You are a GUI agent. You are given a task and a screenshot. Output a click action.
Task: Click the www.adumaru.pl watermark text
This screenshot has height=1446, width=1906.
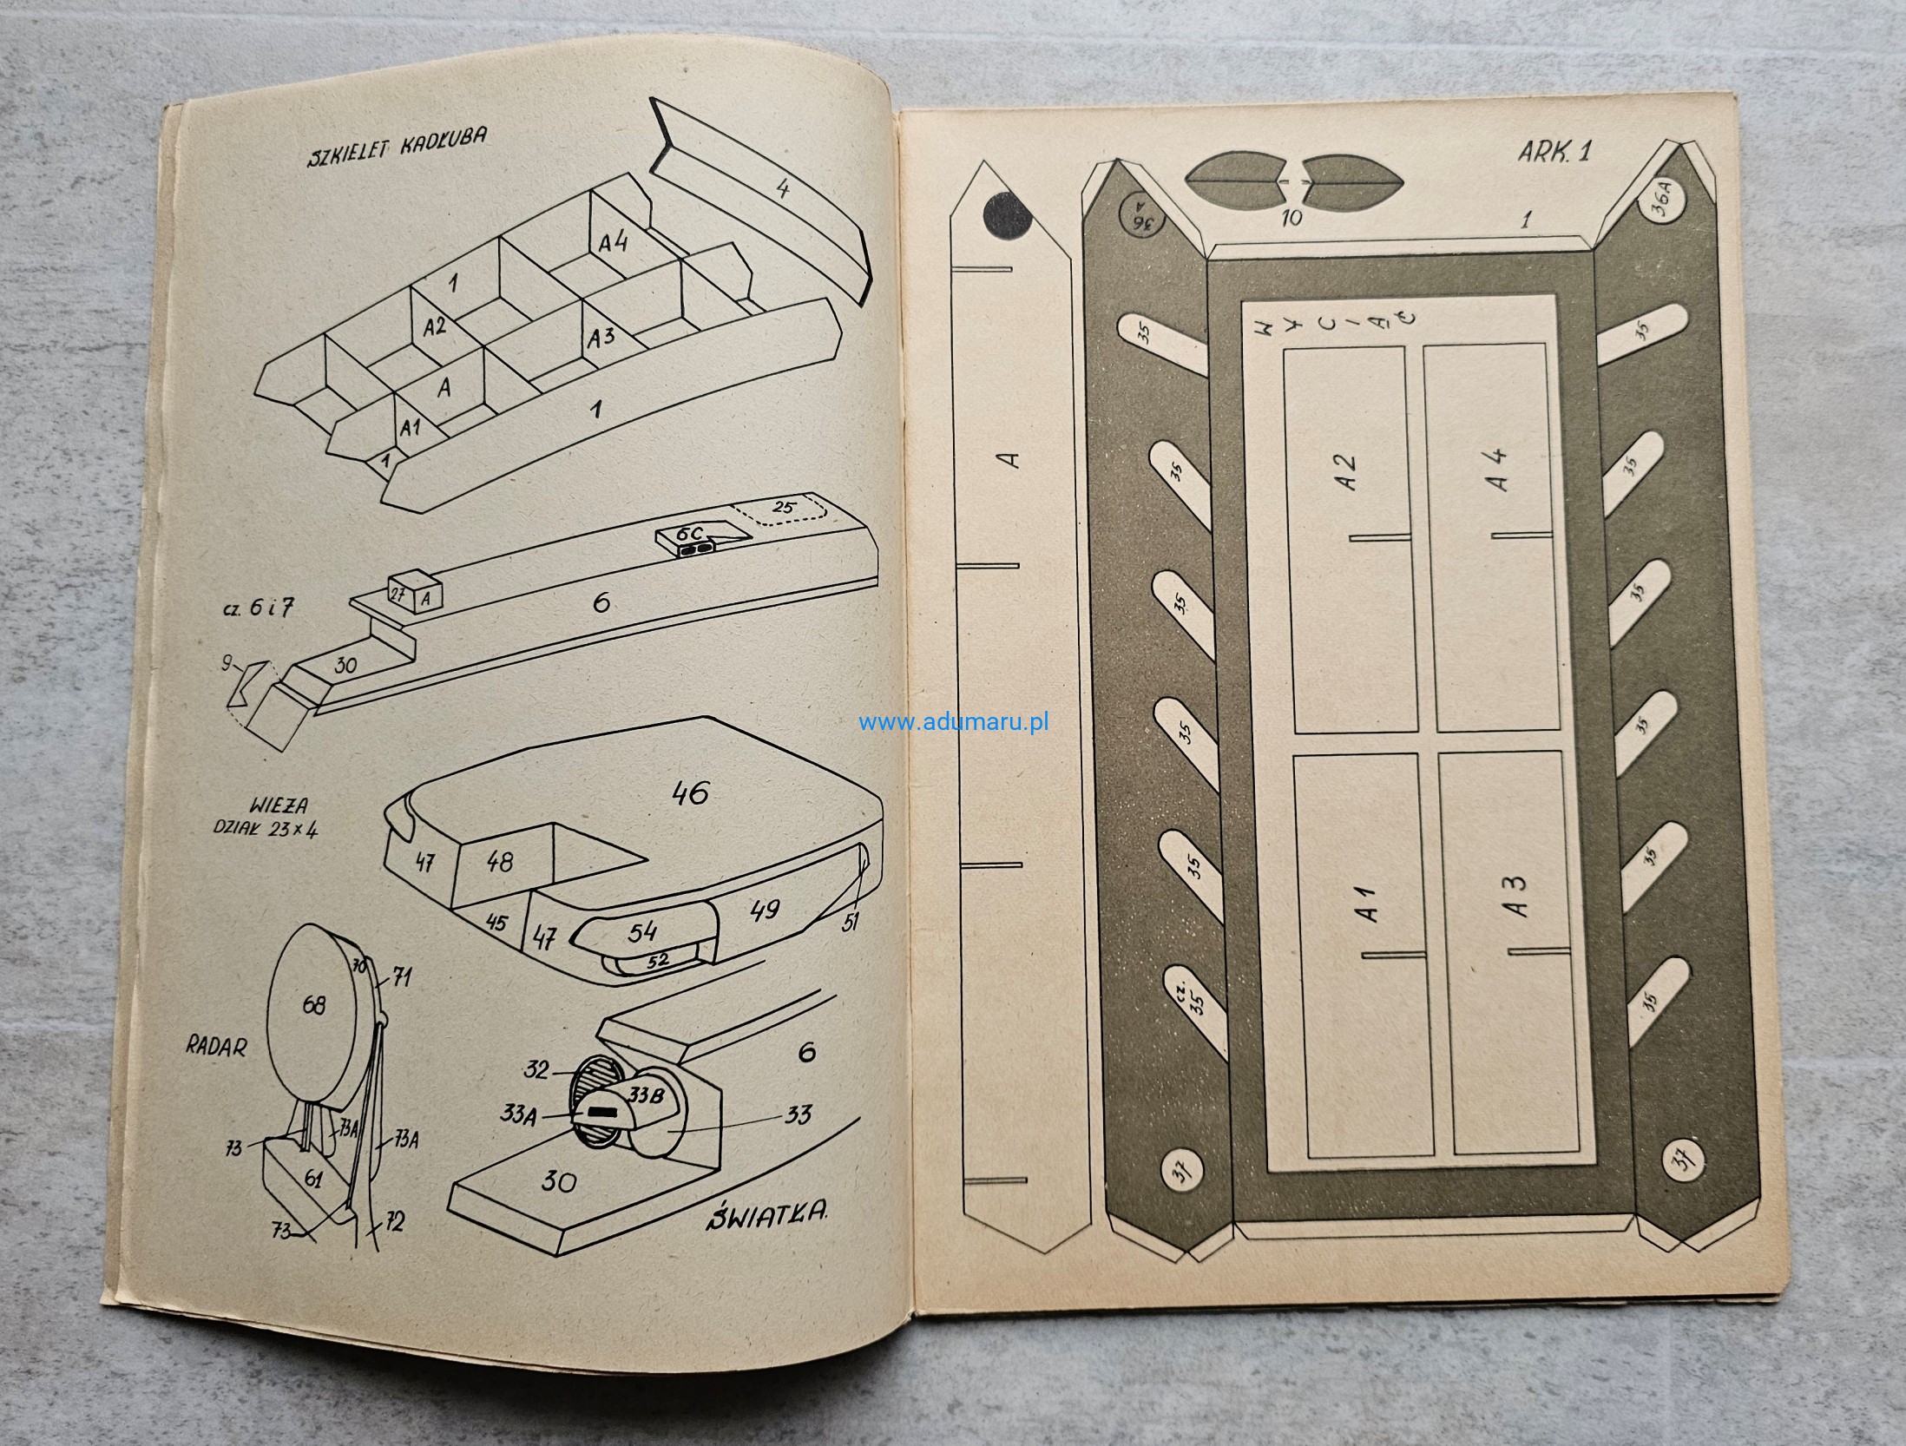954,721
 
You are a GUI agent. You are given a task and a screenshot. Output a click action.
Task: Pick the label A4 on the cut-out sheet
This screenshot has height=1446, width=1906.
1498,470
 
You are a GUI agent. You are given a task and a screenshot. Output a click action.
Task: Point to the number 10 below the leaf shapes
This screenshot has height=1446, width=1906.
1292,218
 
